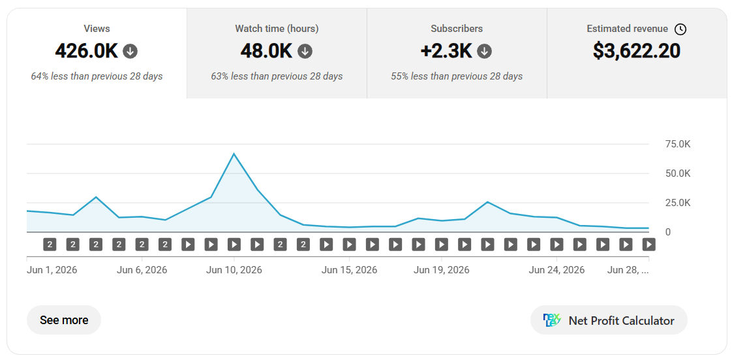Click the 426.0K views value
click(86, 51)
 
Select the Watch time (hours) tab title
click(277, 29)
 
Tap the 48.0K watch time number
click(267, 51)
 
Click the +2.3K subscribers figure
click(446, 51)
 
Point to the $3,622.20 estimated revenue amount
click(637, 51)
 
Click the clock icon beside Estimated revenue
click(680, 29)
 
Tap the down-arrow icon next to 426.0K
click(130, 52)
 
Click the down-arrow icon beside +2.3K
click(485, 52)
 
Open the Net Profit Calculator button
click(609, 320)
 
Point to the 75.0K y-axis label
click(677, 144)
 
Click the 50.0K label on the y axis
click(677, 173)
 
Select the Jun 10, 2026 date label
click(234, 270)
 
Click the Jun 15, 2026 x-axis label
click(349, 270)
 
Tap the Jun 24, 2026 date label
click(557, 270)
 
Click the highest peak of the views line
click(234, 154)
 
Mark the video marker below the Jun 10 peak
click(234, 244)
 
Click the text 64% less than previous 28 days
click(97, 76)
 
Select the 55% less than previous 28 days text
click(457, 76)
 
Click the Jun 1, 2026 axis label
click(52, 270)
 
